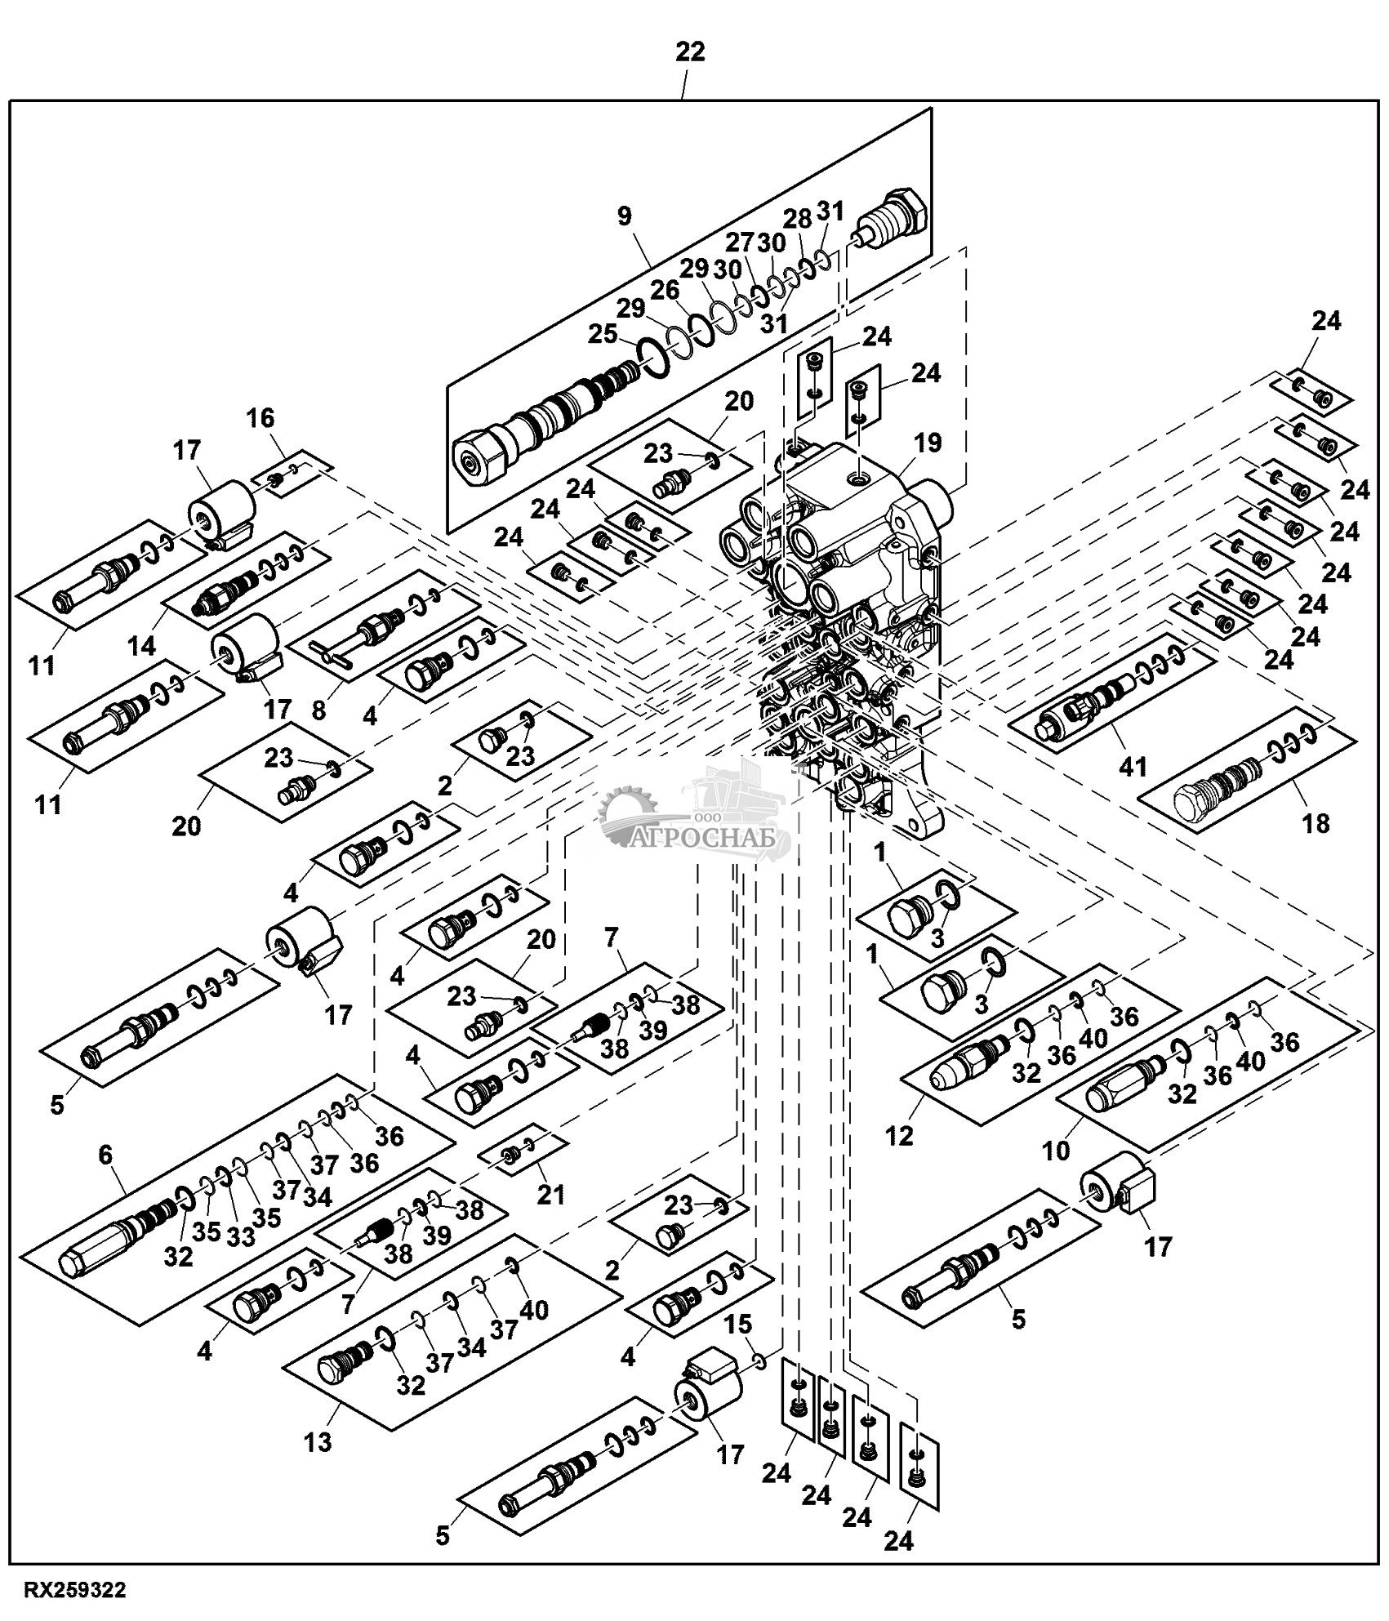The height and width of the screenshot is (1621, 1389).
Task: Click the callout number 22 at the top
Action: [x=689, y=52]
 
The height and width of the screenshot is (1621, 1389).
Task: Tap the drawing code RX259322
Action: [x=74, y=1590]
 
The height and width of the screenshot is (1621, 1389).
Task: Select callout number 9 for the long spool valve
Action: [x=624, y=216]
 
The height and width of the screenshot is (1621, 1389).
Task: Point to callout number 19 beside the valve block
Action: [x=928, y=443]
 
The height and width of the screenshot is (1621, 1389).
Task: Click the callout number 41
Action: [x=1132, y=766]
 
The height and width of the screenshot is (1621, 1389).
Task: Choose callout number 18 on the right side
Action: [x=1316, y=822]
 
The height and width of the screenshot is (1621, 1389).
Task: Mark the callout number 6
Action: [x=105, y=1154]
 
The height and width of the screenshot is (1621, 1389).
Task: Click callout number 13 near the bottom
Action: [x=318, y=1441]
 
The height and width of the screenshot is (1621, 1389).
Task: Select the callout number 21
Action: [x=550, y=1195]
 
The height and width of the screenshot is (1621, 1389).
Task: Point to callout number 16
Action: [x=260, y=418]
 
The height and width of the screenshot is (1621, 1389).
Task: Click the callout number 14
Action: [x=141, y=646]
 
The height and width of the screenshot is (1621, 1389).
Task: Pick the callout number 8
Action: [x=318, y=710]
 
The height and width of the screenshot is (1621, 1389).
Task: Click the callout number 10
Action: [x=1055, y=1151]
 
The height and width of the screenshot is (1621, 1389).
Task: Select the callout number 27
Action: [x=740, y=243]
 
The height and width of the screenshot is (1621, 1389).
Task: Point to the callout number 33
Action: [x=240, y=1237]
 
